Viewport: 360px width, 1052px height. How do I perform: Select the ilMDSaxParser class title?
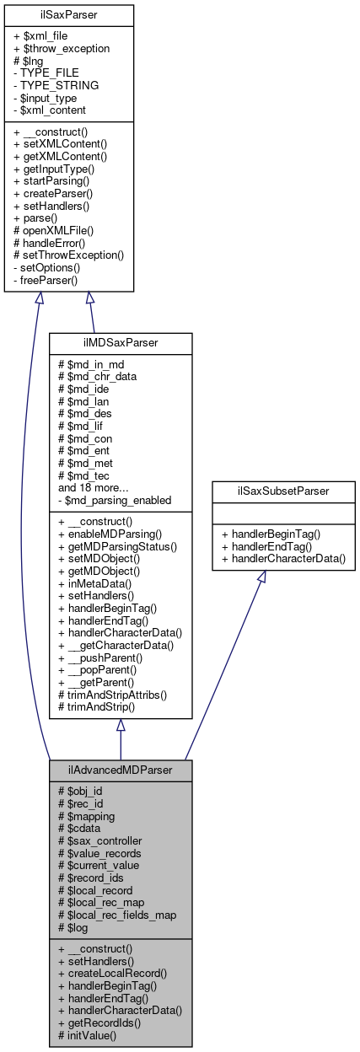[x=121, y=344]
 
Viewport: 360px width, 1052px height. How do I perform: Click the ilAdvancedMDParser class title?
[x=120, y=770]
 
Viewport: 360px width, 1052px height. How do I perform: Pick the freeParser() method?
[x=46, y=280]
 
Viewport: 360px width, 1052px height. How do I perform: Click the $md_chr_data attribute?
[x=97, y=376]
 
